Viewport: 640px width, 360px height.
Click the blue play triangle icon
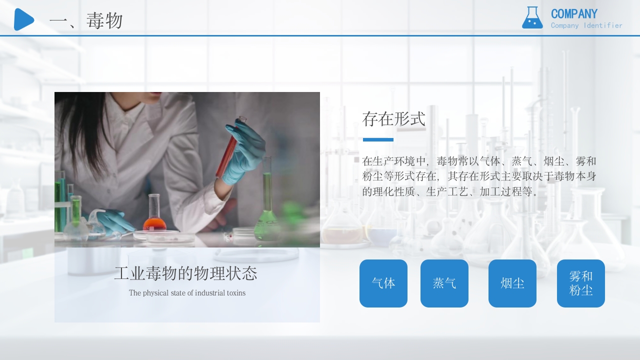[23, 19]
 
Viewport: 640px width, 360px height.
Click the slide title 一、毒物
[86, 21]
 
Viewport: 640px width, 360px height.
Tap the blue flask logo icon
[532, 18]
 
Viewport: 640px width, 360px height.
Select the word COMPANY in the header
[574, 14]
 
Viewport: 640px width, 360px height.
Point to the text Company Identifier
[586, 25]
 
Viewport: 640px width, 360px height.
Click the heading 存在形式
[393, 119]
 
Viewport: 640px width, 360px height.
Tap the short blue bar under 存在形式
[378, 139]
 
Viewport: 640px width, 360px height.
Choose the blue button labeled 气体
[383, 283]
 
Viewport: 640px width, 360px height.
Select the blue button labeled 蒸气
[444, 283]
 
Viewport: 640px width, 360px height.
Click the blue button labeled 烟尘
[512, 283]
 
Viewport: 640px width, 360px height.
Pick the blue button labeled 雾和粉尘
[581, 283]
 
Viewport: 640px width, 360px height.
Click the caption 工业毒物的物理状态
[185, 273]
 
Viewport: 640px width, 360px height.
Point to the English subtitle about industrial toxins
[187, 293]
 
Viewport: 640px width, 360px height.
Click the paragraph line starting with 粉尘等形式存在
[479, 176]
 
